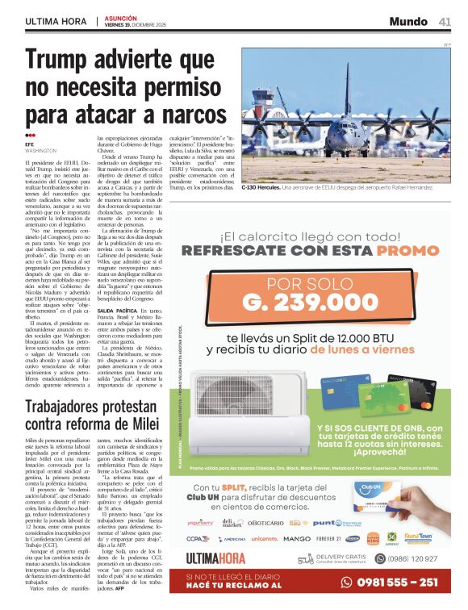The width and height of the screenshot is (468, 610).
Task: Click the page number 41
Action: point(445,21)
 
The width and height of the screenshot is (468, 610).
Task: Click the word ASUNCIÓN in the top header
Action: point(120,17)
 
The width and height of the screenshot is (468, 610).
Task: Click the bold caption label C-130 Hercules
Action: point(259,187)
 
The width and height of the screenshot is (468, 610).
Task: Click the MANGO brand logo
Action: point(297,537)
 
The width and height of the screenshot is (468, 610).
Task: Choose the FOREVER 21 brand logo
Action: point(328,537)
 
